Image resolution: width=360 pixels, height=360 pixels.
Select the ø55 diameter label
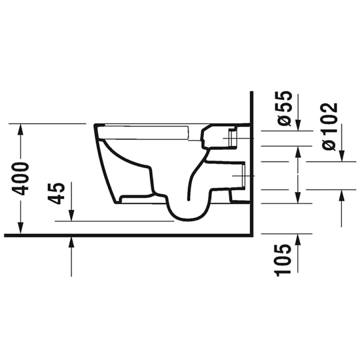click(x=285, y=108)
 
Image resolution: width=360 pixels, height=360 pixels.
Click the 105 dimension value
click(x=283, y=260)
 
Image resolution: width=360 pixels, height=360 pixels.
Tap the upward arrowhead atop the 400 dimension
click(x=21, y=129)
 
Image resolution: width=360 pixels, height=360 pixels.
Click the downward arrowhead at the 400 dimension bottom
click(x=21, y=228)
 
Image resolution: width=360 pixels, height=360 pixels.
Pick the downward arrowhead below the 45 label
click(x=71, y=216)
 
